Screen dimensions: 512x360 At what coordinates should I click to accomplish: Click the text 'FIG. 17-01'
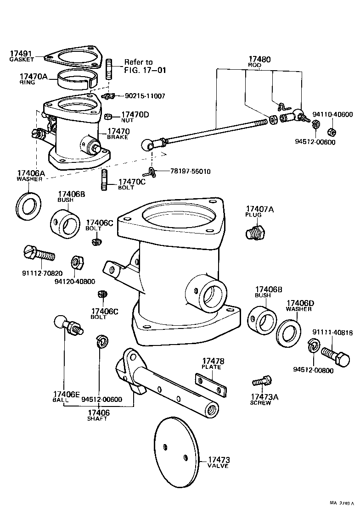pyautogui.click(x=145, y=70)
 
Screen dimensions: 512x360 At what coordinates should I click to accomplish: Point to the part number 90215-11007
pyautogui.click(x=145, y=96)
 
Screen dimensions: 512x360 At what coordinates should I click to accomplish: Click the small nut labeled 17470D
pyautogui.click(x=109, y=116)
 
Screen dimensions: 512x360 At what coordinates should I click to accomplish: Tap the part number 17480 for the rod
pyautogui.click(x=259, y=60)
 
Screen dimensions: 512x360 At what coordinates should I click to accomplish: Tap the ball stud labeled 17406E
pyautogui.click(x=67, y=324)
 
